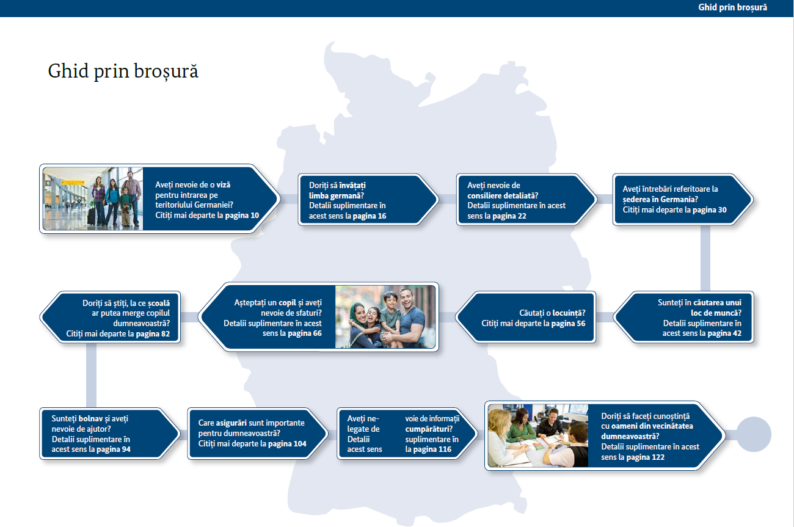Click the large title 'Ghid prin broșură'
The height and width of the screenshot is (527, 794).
coord(123,71)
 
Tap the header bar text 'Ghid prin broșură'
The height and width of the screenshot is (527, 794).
coord(732,7)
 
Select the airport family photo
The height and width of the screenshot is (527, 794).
coord(93,198)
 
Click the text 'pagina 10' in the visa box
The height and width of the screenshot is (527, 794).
coord(242,215)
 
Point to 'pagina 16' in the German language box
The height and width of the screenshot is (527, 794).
coord(370,216)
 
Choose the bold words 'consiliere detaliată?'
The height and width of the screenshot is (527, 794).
coord(503,195)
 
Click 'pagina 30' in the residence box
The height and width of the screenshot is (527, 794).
coord(710,210)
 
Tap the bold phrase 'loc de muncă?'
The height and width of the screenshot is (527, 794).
coord(716,313)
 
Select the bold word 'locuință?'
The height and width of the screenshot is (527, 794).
coord(569,313)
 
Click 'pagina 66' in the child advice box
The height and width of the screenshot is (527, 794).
coord(305,333)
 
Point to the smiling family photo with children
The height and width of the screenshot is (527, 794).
coord(385,317)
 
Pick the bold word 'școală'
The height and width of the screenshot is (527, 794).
coord(159,303)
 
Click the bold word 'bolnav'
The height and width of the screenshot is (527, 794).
coord(91,418)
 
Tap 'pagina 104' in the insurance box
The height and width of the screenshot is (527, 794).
coord(287,444)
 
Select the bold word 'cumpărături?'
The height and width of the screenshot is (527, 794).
coord(429,429)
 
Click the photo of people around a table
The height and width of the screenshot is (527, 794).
coord(538,435)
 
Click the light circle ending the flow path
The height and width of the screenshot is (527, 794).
coord(754,435)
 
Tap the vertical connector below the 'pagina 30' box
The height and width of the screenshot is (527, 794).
coord(705,258)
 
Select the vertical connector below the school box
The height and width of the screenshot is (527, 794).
coord(91,376)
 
